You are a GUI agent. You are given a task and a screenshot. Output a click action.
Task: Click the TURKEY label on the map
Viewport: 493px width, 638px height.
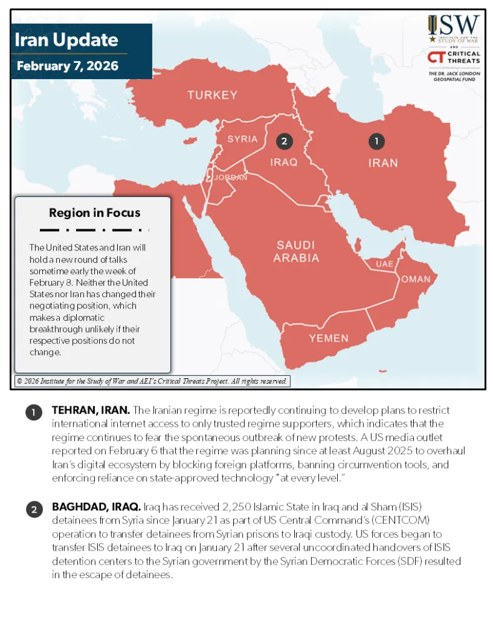[x=213, y=95]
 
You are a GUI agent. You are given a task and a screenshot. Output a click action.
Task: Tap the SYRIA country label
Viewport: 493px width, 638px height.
[x=242, y=139]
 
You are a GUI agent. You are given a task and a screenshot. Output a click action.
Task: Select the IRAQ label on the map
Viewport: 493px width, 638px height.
[x=284, y=162]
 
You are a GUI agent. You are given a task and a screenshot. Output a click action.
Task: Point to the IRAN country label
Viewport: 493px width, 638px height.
[x=383, y=163]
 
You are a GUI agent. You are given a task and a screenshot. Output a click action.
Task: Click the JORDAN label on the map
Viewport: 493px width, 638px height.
[x=231, y=178]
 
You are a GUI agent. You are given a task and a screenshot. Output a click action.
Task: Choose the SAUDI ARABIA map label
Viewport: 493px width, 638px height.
[x=296, y=252]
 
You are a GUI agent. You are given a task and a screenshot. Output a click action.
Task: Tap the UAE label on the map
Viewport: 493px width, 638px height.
[x=385, y=264]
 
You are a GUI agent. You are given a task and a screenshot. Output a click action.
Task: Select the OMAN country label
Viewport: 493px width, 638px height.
[x=415, y=279]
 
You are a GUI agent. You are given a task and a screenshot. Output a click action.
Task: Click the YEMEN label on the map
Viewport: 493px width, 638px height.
[x=329, y=338]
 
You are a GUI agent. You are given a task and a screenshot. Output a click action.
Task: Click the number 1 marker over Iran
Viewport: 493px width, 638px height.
[x=376, y=141]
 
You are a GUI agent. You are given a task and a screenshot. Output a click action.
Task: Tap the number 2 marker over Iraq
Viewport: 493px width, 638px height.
[x=284, y=141]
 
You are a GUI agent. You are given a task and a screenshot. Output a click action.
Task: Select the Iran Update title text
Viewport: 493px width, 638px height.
[x=66, y=40]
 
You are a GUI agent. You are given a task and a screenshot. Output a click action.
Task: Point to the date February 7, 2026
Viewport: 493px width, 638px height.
[x=67, y=66]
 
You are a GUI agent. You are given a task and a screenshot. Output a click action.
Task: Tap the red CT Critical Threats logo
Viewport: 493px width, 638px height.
[x=436, y=58]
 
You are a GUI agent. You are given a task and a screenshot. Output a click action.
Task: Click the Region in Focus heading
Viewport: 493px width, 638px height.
[x=95, y=213]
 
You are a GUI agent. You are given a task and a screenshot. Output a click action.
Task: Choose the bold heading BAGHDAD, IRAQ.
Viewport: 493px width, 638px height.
[x=96, y=507]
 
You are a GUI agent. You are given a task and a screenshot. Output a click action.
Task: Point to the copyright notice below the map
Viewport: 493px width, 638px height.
[x=152, y=381]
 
